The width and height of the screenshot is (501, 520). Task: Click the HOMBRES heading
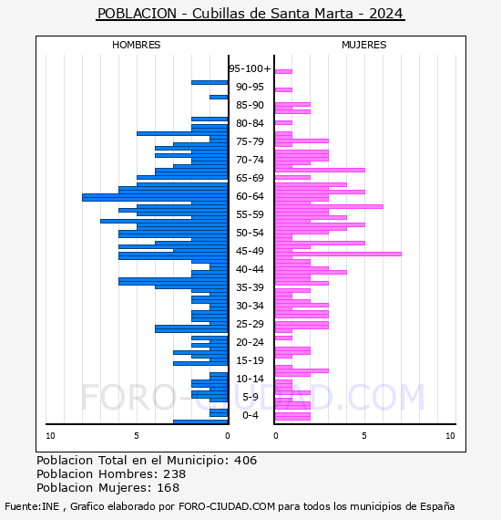click(136, 45)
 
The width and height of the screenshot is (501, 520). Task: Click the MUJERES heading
click(364, 45)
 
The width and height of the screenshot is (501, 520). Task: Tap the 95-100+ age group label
click(250, 68)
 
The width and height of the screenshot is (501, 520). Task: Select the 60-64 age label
click(250, 196)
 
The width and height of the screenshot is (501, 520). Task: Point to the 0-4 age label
click(250, 415)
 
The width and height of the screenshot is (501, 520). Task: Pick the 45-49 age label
click(250, 251)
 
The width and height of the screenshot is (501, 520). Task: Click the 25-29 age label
click(250, 324)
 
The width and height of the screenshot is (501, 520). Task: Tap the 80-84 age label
click(250, 123)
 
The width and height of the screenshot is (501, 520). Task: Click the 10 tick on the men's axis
click(50, 436)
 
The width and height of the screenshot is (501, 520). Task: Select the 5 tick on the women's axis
click(364, 436)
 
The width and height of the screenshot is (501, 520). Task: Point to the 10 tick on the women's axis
click(450, 436)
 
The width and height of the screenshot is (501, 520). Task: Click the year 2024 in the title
click(385, 14)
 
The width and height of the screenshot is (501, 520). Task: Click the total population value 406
click(245, 461)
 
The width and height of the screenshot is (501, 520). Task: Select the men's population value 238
click(175, 473)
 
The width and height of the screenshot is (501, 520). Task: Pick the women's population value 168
click(168, 487)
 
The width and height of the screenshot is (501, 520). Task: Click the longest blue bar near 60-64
click(155, 197)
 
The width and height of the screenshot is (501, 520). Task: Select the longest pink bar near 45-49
click(338, 254)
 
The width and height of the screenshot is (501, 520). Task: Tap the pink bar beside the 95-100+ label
click(283, 71)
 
